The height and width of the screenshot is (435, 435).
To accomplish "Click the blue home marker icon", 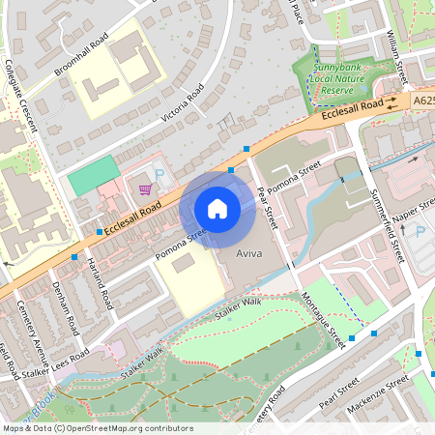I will pos(217,208).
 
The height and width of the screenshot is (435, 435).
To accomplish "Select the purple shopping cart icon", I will pos(145,188).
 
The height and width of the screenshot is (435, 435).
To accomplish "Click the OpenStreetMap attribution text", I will pos(84,427).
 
